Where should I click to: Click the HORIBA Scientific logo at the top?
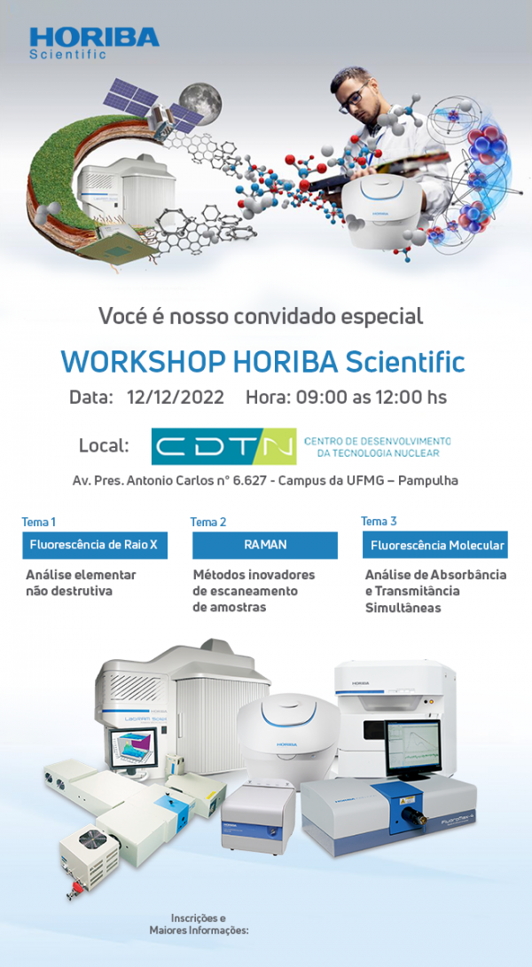click(x=93, y=41)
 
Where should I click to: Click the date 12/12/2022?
click(x=175, y=397)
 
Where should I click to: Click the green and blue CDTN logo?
click(x=223, y=446)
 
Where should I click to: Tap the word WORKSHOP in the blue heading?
click(x=143, y=362)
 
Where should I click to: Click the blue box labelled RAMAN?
click(x=265, y=545)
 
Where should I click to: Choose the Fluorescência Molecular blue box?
click(x=437, y=545)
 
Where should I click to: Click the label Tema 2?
click(x=208, y=522)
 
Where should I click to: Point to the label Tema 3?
click(x=379, y=521)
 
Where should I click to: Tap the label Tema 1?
click(x=39, y=522)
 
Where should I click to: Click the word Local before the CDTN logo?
click(x=104, y=445)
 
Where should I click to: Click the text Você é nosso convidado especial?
click(x=261, y=315)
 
